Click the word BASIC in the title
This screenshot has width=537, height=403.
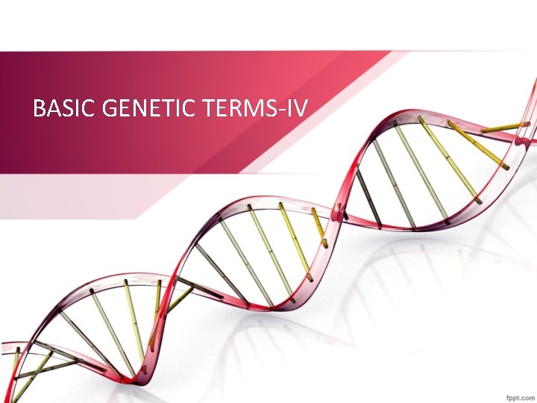click(63, 110)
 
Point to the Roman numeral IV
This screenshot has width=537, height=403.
click(298, 110)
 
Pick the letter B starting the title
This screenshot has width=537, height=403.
click(40, 110)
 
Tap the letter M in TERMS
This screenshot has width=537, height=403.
click(250, 110)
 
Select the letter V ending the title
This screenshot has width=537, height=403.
click(302, 110)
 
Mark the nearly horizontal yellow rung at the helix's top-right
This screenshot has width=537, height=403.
click(505, 127)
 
